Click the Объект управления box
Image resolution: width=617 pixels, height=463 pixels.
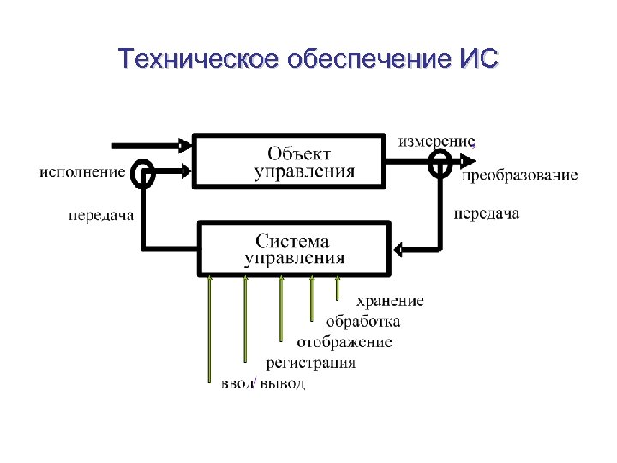point(288,160)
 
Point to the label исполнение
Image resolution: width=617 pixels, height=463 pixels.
point(81,171)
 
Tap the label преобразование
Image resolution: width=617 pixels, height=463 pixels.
point(519,176)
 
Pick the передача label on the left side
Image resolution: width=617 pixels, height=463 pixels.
point(101,215)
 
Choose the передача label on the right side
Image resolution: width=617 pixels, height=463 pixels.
point(486,213)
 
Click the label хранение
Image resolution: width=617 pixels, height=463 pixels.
point(390,301)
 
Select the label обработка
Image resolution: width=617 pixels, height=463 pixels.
point(362,322)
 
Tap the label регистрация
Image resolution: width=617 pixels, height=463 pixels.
point(310,363)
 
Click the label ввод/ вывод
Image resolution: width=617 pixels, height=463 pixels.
point(263,383)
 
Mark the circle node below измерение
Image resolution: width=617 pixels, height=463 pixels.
point(440,161)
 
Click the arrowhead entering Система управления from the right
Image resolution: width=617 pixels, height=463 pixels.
point(398,249)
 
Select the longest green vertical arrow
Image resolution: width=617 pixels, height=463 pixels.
point(211,330)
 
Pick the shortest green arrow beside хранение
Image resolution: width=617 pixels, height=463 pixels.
point(338,288)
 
